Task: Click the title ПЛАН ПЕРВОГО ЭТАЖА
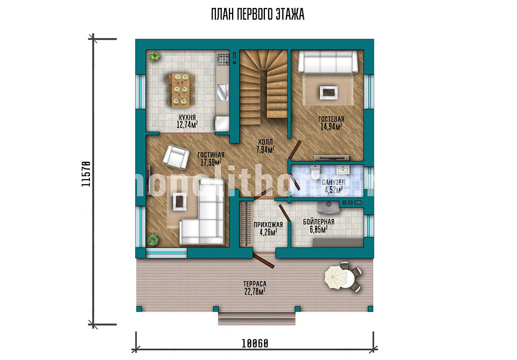point(257,15)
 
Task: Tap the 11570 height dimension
point(86,174)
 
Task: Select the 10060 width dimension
point(255,343)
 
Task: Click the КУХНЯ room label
point(187,117)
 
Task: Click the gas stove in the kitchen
point(223,59)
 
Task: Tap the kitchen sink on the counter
point(223,92)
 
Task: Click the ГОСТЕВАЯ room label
point(331,119)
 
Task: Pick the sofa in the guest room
point(328,61)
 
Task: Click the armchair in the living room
point(176,157)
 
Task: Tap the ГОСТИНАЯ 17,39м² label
point(211,158)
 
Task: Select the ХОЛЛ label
point(265,142)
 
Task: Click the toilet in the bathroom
point(315,172)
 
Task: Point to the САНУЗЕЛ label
point(333,182)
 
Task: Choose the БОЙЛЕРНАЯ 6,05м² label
point(318,225)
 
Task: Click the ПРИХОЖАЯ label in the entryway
point(268,224)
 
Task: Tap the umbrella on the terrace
point(336,277)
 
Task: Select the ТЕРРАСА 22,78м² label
point(255,288)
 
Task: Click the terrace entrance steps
point(257,318)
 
